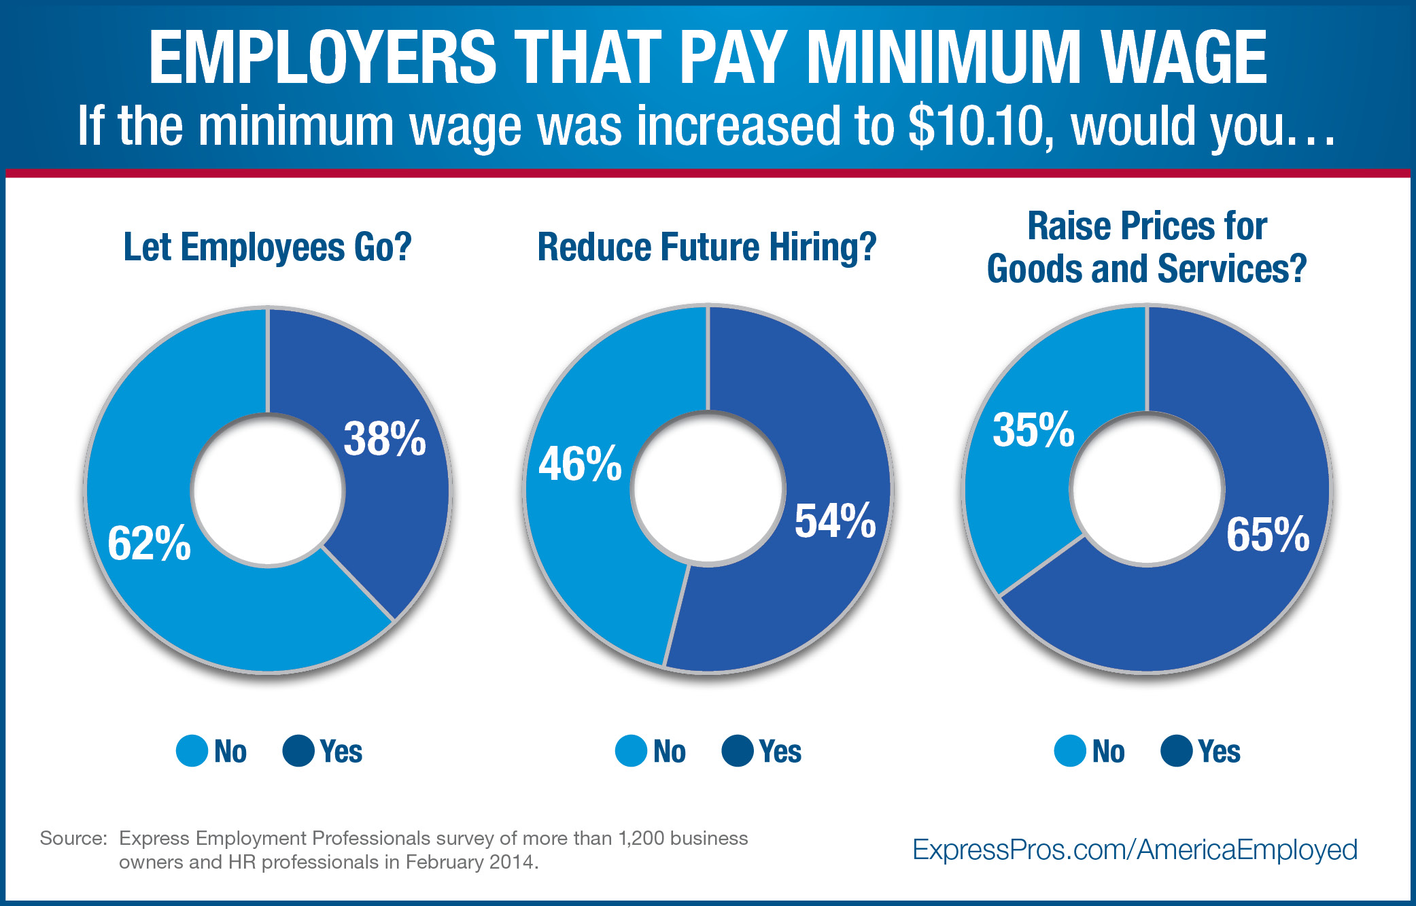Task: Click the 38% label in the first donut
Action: point(385,439)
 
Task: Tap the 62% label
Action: point(149,544)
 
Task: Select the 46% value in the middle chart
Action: point(580,464)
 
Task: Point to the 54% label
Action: point(835,522)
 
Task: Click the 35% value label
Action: point(1033,430)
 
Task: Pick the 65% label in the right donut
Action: point(1268,534)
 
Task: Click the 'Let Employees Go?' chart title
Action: point(267,247)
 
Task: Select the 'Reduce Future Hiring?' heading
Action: point(707,247)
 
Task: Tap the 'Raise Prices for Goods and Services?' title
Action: point(1147,247)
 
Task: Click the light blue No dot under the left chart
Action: point(192,751)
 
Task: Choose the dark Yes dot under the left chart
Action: point(298,751)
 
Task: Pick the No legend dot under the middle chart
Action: point(631,751)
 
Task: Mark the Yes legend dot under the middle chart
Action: point(738,751)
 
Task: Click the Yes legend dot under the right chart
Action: point(1177,751)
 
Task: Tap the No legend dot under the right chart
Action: point(1070,751)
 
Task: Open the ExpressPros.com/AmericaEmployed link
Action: point(1135,850)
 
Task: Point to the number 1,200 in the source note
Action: point(645,838)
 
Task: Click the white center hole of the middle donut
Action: point(708,488)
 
